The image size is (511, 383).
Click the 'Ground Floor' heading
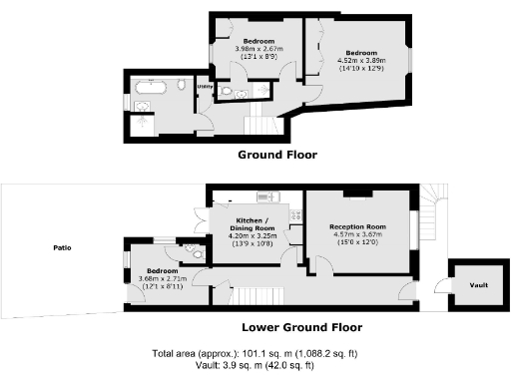point(276,155)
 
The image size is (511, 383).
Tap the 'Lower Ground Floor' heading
point(301,326)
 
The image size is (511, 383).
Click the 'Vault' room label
point(479,284)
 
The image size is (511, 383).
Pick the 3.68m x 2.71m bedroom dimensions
point(162,279)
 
